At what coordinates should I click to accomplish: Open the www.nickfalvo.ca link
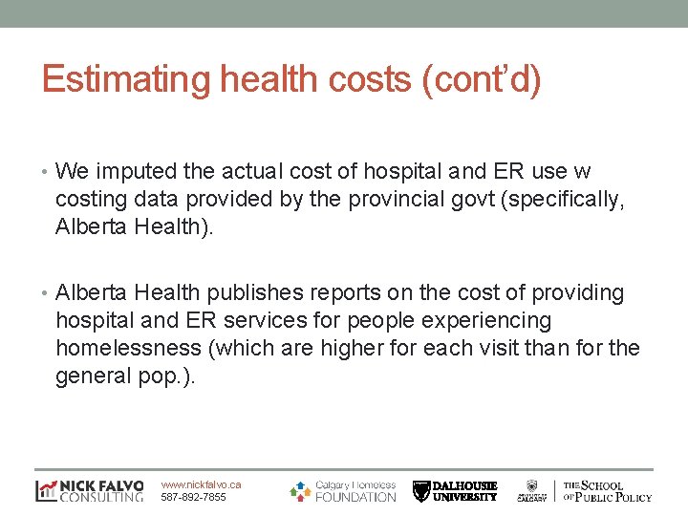tap(201, 484)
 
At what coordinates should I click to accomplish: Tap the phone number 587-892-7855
tap(194, 497)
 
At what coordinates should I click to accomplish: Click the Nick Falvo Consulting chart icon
tap(46, 491)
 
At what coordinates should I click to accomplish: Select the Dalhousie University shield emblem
tap(421, 491)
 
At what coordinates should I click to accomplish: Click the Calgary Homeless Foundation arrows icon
tap(300, 490)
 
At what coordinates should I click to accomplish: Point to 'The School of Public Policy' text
tap(608, 491)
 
